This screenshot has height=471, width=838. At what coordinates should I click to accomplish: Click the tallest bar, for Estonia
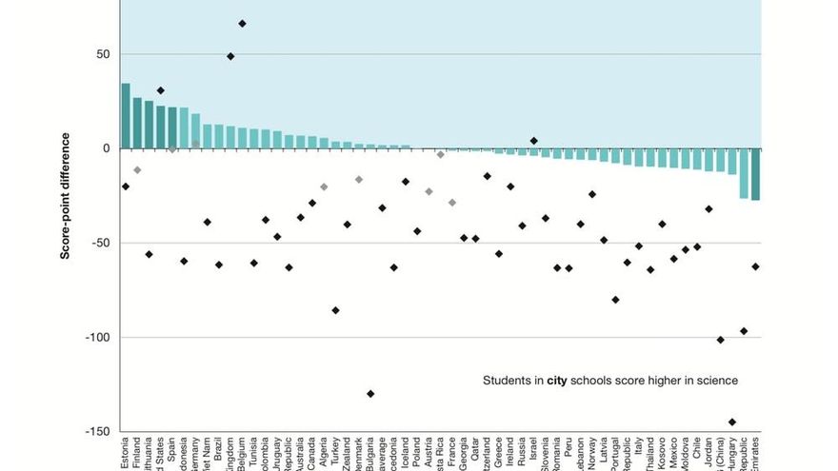point(126,116)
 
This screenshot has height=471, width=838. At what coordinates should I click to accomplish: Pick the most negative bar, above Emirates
point(756,174)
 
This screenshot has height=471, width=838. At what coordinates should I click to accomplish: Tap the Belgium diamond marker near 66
point(242,24)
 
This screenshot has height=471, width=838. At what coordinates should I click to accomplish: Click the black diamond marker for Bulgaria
point(370,394)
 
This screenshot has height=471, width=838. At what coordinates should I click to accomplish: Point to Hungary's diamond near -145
point(732,422)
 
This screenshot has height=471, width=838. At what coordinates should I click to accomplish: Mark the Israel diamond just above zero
point(534,141)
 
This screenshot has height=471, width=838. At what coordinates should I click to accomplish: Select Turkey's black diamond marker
point(335,310)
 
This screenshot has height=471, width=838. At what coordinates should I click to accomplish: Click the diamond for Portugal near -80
point(616,300)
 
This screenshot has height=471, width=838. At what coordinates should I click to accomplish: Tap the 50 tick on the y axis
point(102,54)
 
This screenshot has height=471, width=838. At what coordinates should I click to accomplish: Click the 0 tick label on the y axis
point(106,148)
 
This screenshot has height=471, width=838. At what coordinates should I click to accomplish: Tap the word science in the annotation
point(716,381)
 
